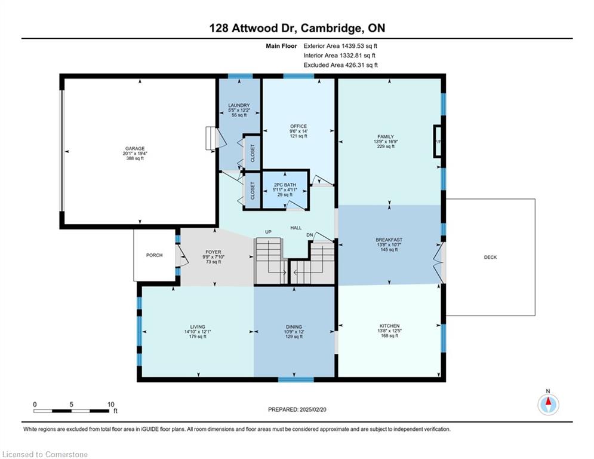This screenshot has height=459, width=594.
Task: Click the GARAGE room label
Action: [135, 149]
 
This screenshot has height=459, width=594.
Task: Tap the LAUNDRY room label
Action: [239, 105]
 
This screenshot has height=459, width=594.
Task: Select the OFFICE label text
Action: [298, 126]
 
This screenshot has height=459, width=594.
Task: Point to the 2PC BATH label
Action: [285, 185]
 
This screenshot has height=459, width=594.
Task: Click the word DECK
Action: [490, 257]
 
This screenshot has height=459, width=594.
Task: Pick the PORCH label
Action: [154, 255]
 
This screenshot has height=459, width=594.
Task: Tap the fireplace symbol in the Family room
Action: [438, 141]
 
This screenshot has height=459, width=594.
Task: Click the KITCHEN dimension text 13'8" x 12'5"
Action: [389, 331]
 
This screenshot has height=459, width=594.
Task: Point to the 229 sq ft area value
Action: [386, 146]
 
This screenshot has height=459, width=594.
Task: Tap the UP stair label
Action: [268, 232]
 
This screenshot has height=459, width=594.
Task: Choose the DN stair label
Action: [309, 235]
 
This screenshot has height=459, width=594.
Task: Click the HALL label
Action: [296, 228]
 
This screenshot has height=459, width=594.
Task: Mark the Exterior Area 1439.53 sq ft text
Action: [340, 46]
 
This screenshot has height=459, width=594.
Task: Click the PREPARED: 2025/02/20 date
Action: [297, 409]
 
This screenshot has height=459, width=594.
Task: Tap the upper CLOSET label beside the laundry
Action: [253, 153]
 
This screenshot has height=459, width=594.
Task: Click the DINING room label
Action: [294, 326]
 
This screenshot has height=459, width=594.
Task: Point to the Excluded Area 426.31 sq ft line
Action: [340, 65]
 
